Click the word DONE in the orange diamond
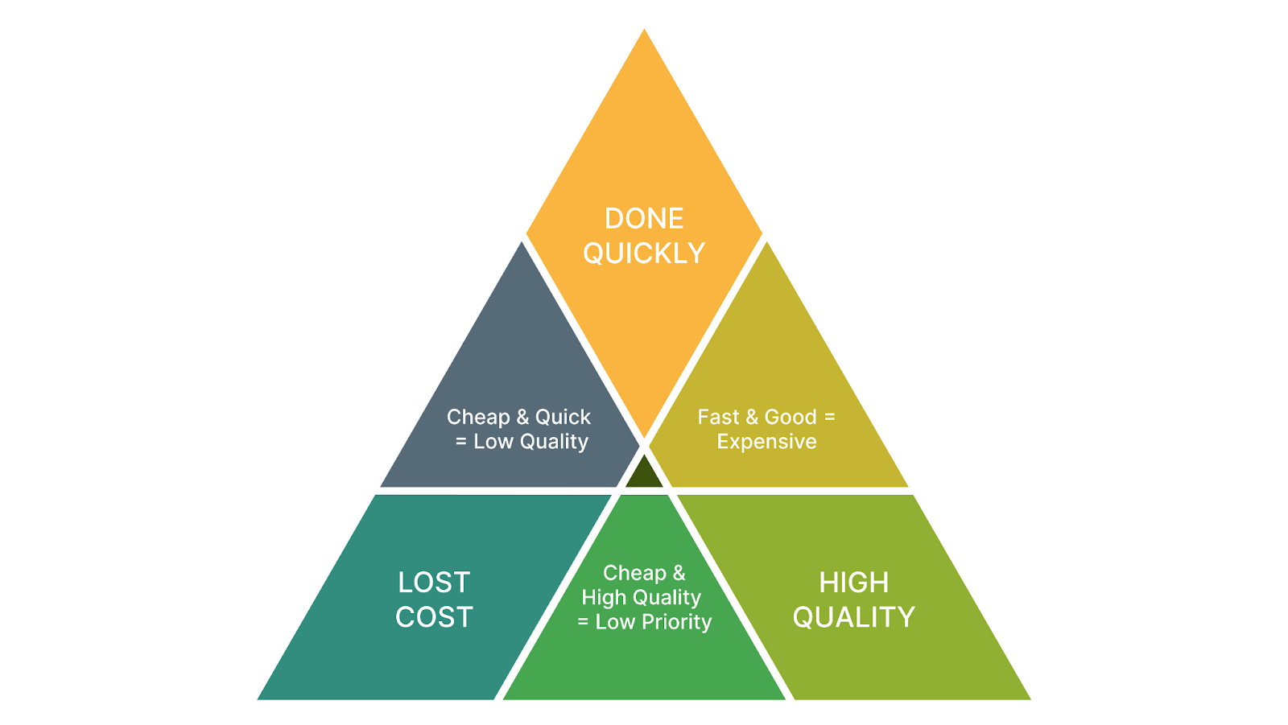coord(644,219)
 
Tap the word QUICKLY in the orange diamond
coord(644,253)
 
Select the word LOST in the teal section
coord(434,583)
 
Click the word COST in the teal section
coord(434,617)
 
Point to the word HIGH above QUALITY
coord(853,583)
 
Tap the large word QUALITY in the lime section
coord(853,617)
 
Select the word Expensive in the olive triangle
coord(766,442)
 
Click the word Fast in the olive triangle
coord(718,417)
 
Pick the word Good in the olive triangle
coord(791,417)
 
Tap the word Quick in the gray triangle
coord(563,417)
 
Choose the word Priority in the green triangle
coord(676,622)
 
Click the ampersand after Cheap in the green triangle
coord(679,573)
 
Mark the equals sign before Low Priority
coord(583,622)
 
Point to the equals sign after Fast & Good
coord(829,417)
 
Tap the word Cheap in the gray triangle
coord(478,417)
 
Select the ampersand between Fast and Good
coord(752,417)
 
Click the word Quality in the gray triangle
coord(554,442)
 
